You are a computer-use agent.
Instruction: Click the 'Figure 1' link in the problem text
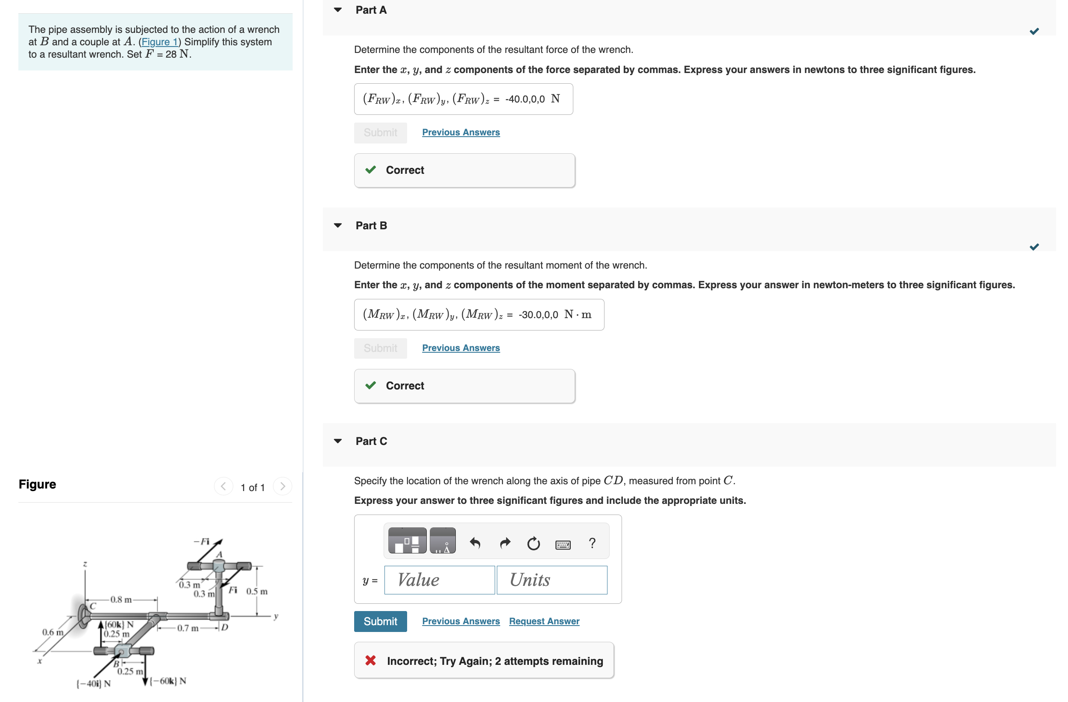point(160,42)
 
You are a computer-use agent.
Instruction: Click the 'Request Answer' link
point(544,621)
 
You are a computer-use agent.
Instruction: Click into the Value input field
point(439,579)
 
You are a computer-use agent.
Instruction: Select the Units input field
point(552,579)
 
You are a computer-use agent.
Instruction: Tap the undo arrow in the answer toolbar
point(475,543)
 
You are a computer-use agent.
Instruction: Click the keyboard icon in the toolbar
point(563,544)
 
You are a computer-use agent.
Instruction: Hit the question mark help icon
point(592,543)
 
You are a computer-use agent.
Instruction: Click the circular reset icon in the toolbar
point(533,543)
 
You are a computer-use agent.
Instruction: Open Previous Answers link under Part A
point(461,132)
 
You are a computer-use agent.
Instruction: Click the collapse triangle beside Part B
point(338,225)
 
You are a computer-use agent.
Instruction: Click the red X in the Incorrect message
point(370,660)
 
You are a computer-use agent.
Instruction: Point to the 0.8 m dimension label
point(121,599)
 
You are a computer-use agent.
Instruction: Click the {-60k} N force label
point(167,681)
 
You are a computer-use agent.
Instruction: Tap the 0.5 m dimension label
point(257,591)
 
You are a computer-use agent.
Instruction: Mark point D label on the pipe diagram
point(225,627)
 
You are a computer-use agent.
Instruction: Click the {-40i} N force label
point(93,684)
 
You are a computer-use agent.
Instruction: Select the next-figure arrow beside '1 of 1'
point(282,486)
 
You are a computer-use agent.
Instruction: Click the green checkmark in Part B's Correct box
point(370,385)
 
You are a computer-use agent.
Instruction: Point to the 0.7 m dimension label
point(188,628)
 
